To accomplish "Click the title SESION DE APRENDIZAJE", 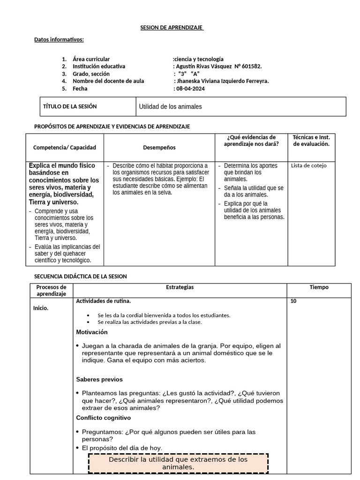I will pyautogui.click(x=172, y=28).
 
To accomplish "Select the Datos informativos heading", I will pyautogui.click(x=59, y=39).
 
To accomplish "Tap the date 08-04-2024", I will pyautogui.click(x=190, y=89).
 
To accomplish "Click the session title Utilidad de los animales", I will pyautogui.click(x=171, y=106).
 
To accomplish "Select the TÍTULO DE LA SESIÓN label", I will pyautogui.click(x=70, y=106).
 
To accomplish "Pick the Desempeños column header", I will pyautogui.click(x=159, y=147).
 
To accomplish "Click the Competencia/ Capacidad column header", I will pyautogui.click(x=65, y=147).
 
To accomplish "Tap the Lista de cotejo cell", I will pyautogui.click(x=309, y=165).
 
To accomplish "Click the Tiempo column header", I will pyautogui.click(x=319, y=287).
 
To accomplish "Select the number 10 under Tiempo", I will pyautogui.click(x=293, y=301).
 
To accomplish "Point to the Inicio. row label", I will pyautogui.click(x=41, y=308).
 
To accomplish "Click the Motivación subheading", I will pyautogui.click(x=92, y=332).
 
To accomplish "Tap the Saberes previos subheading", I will pyautogui.click(x=99, y=379).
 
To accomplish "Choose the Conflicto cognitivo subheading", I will pyautogui.click(x=104, y=418).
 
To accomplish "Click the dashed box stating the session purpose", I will pyautogui.click(x=178, y=463).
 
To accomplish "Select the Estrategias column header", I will pyautogui.click(x=180, y=287).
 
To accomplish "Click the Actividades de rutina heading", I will pyautogui.click(x=104, y=301).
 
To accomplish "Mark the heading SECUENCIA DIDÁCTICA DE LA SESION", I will pyautogui.click(x=81, y=276).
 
